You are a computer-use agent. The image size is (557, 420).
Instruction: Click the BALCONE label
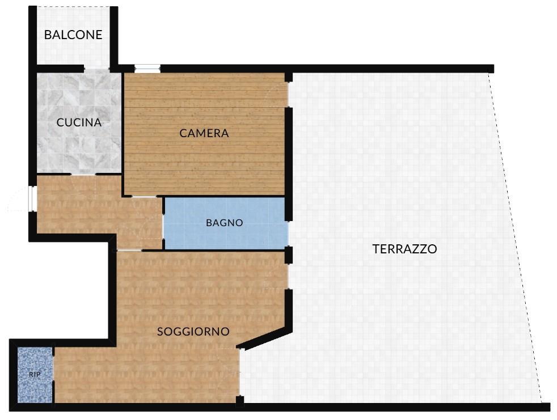(73, 35)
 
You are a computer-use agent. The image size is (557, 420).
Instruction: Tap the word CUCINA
(79, 122)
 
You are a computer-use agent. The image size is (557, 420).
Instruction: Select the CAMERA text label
(204, 133)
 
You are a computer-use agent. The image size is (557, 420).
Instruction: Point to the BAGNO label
(225, 223)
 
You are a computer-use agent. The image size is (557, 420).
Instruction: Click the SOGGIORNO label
(193, 332)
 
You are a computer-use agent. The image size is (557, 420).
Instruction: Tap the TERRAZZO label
(404, 249)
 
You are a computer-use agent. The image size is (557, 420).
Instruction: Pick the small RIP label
(35, 375)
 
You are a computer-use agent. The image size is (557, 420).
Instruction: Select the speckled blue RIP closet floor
(35, 375)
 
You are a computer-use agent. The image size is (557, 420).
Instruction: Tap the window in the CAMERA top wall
(147, 69)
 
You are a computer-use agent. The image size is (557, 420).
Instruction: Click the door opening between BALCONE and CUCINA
(96, 69)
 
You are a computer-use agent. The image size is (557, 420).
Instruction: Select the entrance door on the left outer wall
(33, 199)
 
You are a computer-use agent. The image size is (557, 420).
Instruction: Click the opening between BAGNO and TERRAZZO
(288, 234)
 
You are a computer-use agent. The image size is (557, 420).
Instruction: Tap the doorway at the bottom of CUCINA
(83, 174)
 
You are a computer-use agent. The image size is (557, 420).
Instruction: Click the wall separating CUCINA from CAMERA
(123, 134)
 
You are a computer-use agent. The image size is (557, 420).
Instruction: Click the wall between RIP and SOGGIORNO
(53, 375)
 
